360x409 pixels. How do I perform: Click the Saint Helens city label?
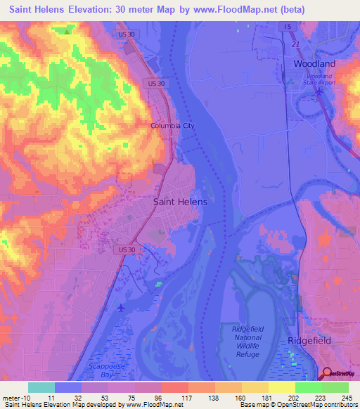click(180, 202)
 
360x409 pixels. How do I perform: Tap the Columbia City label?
click(172, 126)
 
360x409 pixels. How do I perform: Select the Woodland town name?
click(314, 63)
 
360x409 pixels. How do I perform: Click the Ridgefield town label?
click(309, 340)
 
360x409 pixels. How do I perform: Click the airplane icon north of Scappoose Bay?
click(122, 308)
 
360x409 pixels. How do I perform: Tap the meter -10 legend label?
click(15, 398)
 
